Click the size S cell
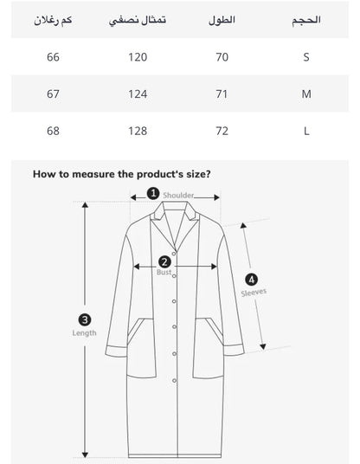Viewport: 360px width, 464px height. (306, 57)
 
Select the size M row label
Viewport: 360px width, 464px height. (306, 94)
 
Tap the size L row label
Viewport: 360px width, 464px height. (306, 131)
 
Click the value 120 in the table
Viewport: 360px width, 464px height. (138, 57)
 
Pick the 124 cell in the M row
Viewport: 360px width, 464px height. (138, 94)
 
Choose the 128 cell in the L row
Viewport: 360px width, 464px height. (138, 131)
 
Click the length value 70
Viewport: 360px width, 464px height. (222, 57)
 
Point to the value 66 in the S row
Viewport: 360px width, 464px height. (53, 57)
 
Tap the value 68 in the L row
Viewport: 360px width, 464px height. (53, 131)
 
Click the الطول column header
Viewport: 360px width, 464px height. (222, 20)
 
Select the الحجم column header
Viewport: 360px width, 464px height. (306, 21)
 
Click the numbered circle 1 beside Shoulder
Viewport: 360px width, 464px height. (153, 194)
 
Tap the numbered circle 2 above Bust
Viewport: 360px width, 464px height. (164, 262)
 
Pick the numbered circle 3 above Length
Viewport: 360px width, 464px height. (85, 320)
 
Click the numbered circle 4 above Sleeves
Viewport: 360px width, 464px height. (252, 280)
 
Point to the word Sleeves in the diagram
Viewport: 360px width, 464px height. (254, 293)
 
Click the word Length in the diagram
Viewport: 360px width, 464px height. (84, 333)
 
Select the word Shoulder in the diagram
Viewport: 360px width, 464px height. (178, 196)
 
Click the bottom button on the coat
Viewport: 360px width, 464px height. (174, 381)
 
